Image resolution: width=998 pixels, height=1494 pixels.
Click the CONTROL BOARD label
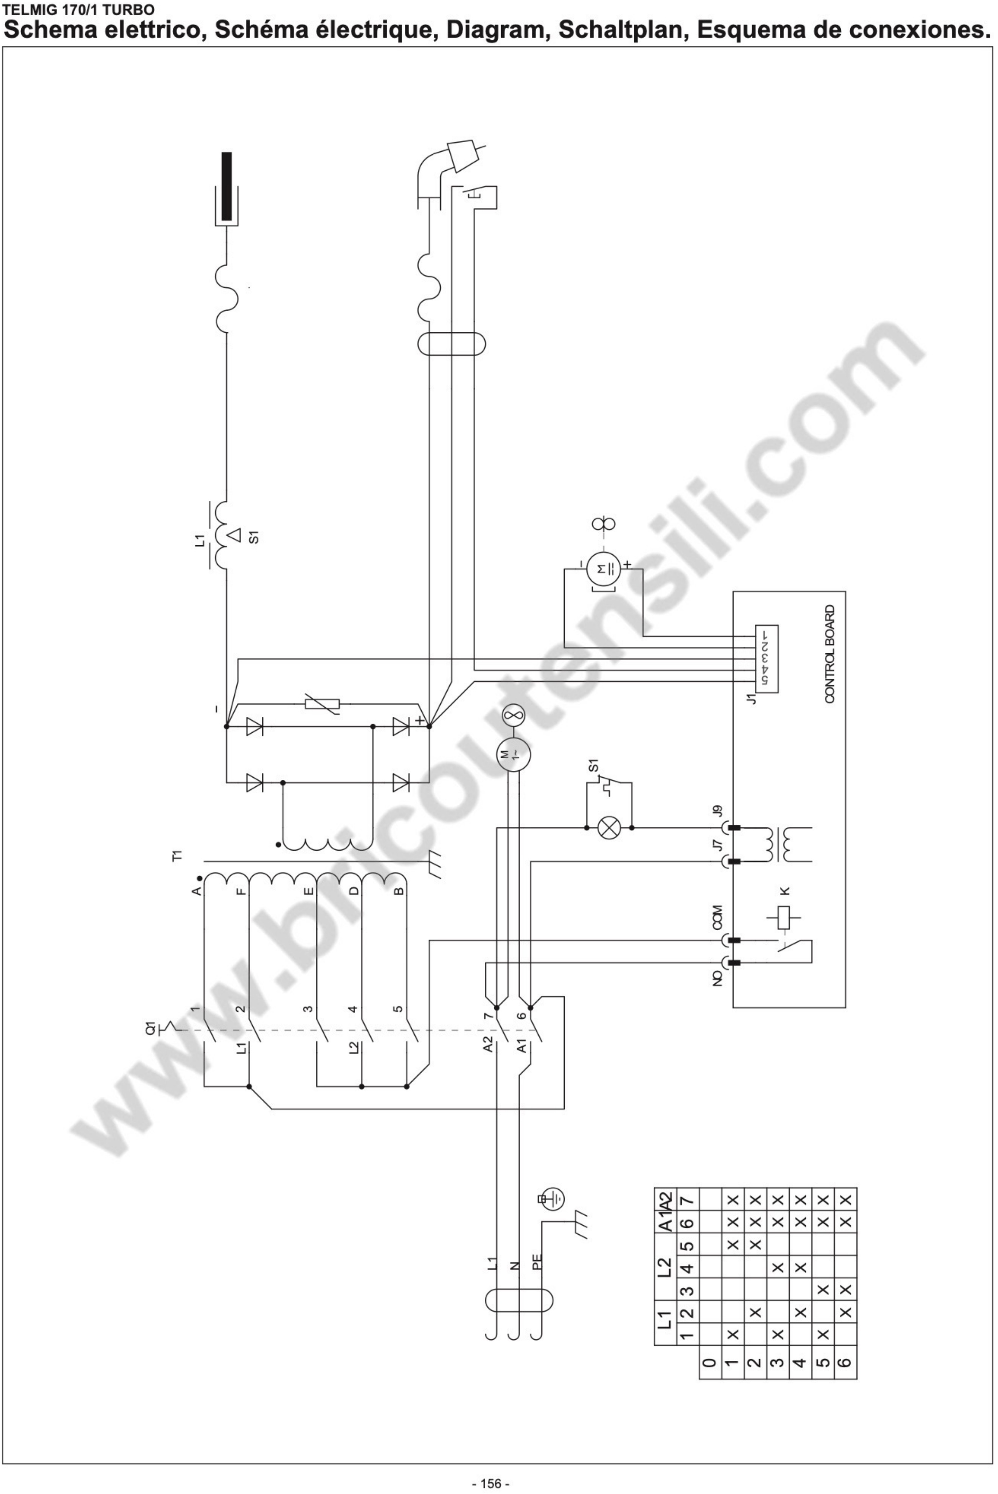tap(829, 654)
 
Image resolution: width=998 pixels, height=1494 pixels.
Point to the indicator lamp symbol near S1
tap(609, 828)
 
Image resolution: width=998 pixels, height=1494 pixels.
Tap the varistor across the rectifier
tap(322, 704)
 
